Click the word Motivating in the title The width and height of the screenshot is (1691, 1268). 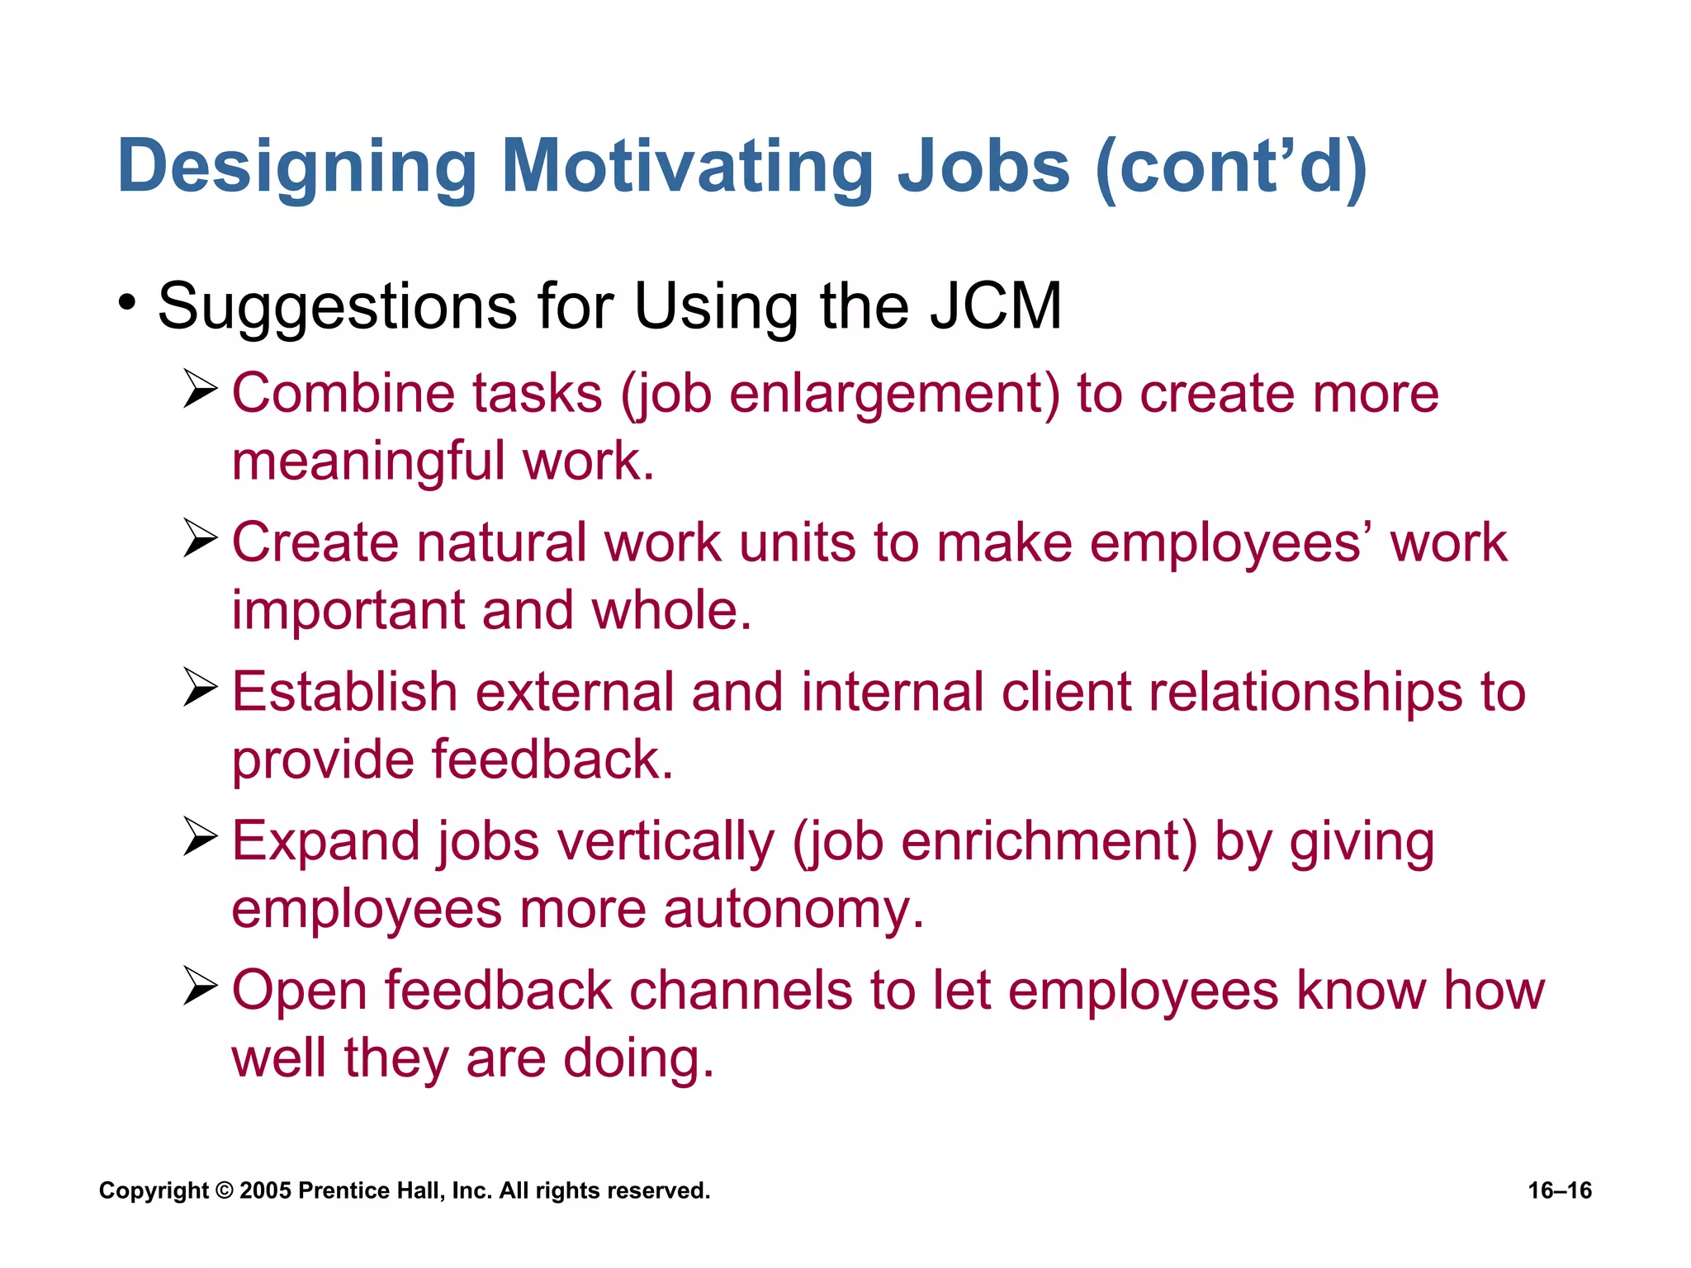pyautogui.click(x=687, y=167)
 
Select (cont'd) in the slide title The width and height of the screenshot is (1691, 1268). pyautogui.click(x=1231, y=167)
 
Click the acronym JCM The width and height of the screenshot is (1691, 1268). pyautogui.click(x=996, y=306)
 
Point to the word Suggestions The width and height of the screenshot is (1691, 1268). pyautogui.click(x=337, y=306)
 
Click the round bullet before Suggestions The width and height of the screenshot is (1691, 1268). pyautogui.click(x=126, y=303)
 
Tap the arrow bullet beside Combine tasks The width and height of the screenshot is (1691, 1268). pyautogui.click(x=200, y=389)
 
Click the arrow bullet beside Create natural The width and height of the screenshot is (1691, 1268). pyautogui.click(x=200, y=538)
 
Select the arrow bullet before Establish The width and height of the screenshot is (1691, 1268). pyautogui.click(x=200, y=688)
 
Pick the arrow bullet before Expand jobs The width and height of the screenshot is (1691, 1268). pyautogui.click(x=200, y=837)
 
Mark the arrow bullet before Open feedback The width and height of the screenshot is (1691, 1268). pyautogui.click(x=200, y=986)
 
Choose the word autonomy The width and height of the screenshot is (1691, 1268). pyautogui.click(x=793, y=910)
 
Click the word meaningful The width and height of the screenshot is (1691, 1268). pyautogui.click(x=368, y=461)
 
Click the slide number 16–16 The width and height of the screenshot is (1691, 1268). pyautogui.click(x=1560, y=1190)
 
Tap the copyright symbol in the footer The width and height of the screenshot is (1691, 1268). pyautogui.click(x=224, y=1190)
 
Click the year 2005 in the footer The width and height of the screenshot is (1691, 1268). pyautogui.click(x=265, y=1190)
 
